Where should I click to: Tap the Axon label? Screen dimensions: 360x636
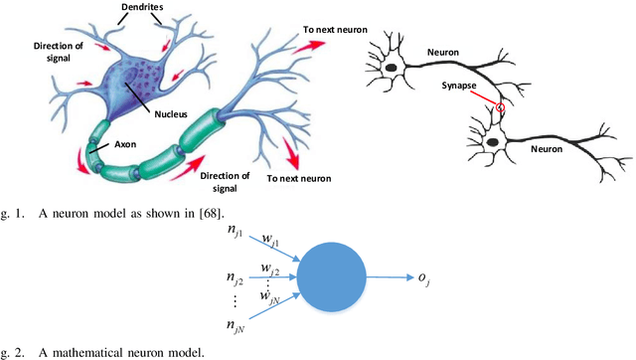(x=124, y=142)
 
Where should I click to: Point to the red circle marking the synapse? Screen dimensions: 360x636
(x=502, y=107)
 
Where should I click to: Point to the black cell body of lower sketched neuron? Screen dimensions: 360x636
(x=493, y=143)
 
